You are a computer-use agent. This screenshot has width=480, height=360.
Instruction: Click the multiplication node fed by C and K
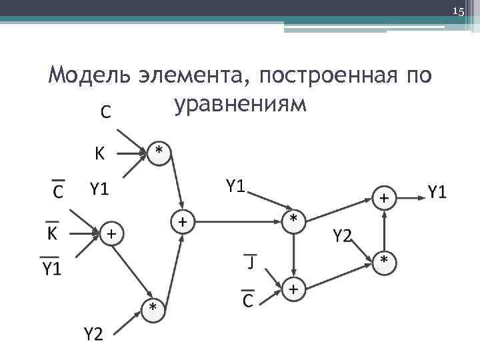tap(159, 151)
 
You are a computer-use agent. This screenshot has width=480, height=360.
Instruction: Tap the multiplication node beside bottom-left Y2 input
tap(153, 308)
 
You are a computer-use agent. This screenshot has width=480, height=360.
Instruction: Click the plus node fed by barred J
tap(293, 289)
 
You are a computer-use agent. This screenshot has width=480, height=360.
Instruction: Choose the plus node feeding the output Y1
tap(385, 197)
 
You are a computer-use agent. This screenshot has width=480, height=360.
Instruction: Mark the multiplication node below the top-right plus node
tap(384, 261)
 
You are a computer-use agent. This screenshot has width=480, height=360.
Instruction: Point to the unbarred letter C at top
tap(105, 113)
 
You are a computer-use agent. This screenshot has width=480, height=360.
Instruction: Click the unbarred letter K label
tap(98, 155)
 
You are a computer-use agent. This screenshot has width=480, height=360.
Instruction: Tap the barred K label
tap(52, 234)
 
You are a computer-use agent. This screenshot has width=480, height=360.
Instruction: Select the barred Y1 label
tap(51, 268)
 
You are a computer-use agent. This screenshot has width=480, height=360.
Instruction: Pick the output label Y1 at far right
tap(437, 193)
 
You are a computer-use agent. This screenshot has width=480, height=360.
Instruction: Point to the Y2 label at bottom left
tap(93, 333)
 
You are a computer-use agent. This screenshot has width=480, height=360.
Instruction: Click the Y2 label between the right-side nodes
tap(343, 235)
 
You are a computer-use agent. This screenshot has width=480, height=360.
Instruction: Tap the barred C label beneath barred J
tap(248, 300)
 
